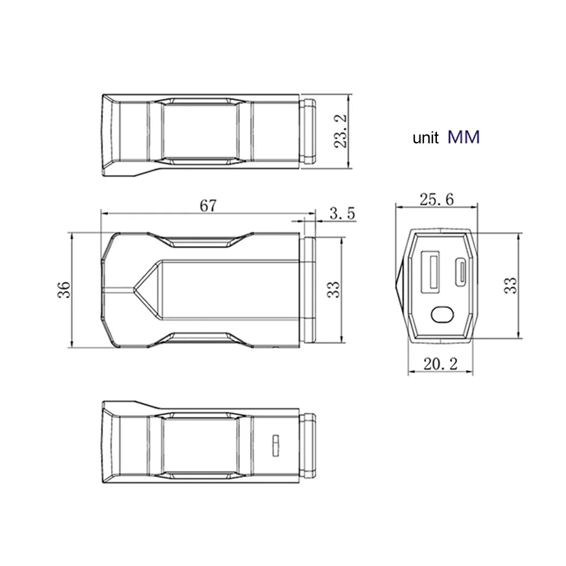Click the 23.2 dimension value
(x=340, y=131)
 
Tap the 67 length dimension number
(x=208, y=206)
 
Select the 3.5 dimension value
(x=342, y=213)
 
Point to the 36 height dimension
(x=64, y=290)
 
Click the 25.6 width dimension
(x=436, y=200)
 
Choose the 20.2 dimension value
(x=440, y=364)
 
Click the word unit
(x=426, y=138)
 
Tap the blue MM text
(x=464, y=137)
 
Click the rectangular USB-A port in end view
(x=430, y=272)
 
